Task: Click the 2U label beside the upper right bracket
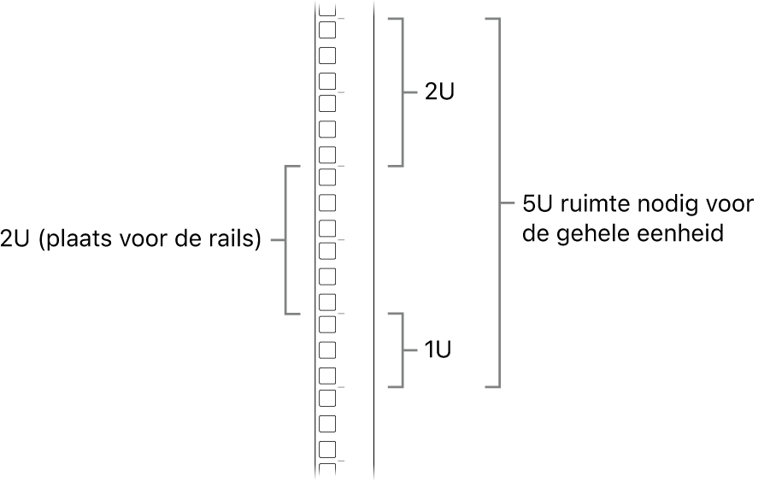[439, 92]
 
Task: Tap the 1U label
[438, 350]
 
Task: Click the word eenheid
[681, 233]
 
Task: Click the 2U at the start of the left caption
[16, 240]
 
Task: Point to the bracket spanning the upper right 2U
[401, 92]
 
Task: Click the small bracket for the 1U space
[401, 350]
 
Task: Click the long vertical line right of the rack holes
[373, 256]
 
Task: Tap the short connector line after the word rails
[276, 241]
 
